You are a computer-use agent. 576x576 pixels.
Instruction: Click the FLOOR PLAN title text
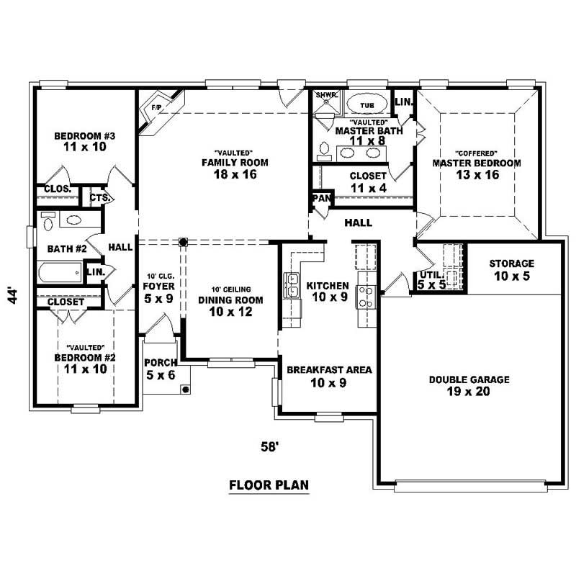[269, 485]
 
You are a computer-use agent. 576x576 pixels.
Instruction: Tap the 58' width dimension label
[269, 446]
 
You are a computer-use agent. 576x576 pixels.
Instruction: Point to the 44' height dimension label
[14, 297]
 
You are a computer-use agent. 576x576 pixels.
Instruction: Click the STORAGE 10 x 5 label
[511, 269]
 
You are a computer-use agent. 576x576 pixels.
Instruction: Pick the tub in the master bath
[366, 105]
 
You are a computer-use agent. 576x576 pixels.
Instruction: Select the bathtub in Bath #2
[62, 274]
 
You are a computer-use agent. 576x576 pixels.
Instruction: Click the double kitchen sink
[294, 285]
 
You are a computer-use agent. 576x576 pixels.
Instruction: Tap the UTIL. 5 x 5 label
[431, 280]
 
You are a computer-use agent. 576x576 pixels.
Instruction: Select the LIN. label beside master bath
[403, 102]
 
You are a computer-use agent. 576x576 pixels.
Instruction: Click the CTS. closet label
[98, 197]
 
